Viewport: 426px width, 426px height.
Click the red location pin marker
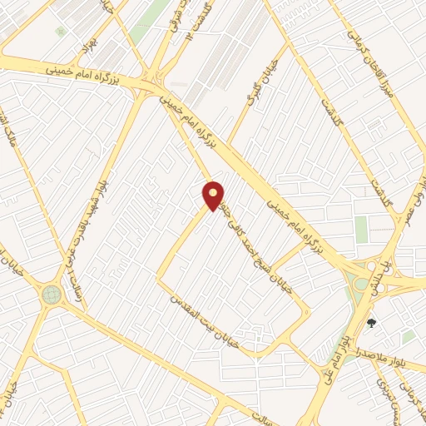214,196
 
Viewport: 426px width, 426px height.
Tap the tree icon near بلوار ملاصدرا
371,322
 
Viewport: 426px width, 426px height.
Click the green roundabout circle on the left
52,294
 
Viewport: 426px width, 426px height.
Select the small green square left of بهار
60,31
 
